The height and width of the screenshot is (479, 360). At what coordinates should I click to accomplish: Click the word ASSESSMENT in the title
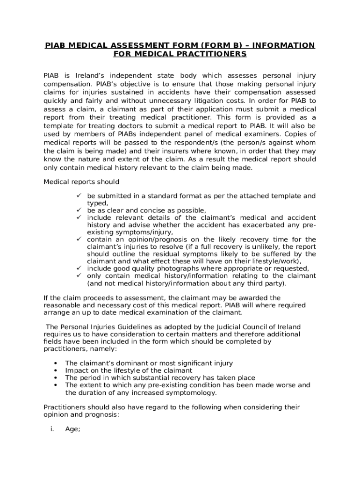[x=136, y=45]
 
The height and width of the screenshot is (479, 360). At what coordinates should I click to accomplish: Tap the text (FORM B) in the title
[x=213, y=45]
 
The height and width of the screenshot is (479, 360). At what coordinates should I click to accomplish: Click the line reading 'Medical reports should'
[x=81, y=181]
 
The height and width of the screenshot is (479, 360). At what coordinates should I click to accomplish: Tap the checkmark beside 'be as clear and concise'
[x=79, y=210]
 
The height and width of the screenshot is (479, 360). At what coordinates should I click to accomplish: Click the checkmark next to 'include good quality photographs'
[x=79, y=269]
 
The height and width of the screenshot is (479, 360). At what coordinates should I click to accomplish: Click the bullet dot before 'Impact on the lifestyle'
[x=56, y=370]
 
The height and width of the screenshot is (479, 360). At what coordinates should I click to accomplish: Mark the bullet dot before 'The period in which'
[x=56, y=378]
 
